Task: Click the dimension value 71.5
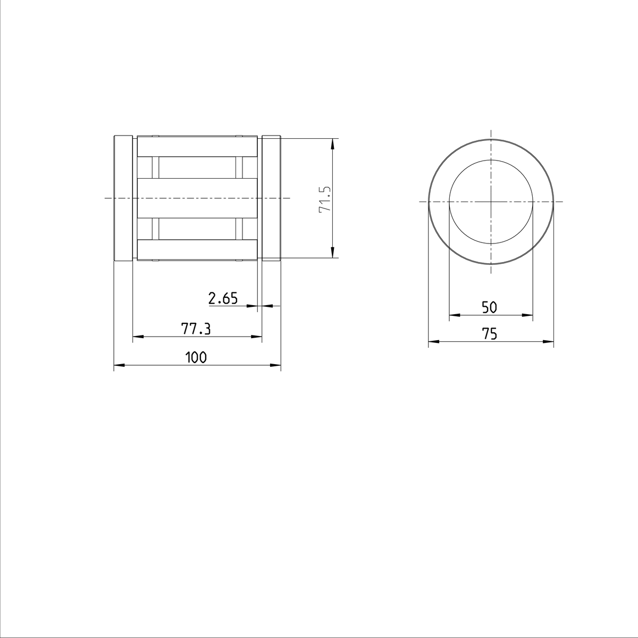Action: tap(325, 199)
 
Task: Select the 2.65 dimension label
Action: tap(223, 299)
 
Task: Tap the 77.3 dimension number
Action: tap(196, 330)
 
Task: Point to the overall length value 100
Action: tap(196, 358)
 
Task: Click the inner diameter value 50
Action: tap(489, 307)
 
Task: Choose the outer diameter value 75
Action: tap(489, 334)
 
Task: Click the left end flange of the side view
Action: tap(123, 198)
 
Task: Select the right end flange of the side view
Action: tap(271, 198)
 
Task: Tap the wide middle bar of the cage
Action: tap(197, 198)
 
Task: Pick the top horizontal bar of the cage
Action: tap(197, 148)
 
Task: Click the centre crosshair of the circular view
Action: tap(491, 202)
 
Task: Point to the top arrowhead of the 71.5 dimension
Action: tap(332, 142)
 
